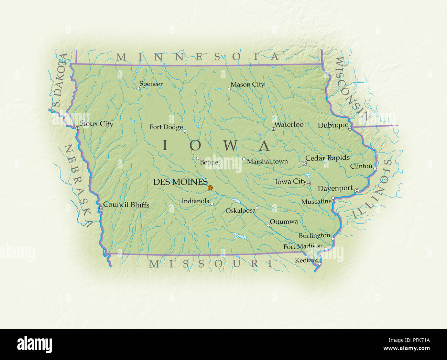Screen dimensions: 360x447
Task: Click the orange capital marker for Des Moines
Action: [x=210, y=188]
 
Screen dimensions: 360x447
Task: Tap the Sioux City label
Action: [x=96, y=124]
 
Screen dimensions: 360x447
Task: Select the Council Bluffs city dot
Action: [x=101, y=208]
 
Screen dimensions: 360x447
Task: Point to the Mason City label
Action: [x=247, y=85]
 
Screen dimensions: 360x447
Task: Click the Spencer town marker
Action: [x=138, y=88]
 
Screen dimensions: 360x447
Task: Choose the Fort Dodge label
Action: [x=166, y=127]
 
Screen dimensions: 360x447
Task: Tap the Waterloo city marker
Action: [x=273, y=129]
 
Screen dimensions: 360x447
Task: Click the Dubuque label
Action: [x=333, y=125]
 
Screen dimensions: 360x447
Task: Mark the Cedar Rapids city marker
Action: [x=304, y=164]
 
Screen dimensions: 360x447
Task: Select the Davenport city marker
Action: [x=357, y=190]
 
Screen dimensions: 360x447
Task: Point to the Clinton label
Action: [x=361, y=166]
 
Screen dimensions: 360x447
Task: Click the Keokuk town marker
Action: [x=319, y=264]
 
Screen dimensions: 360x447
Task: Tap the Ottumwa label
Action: [x=284, y=222]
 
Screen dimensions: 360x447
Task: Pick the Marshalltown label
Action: [x=267, y=161]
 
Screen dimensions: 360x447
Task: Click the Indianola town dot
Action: [x=212, y=204]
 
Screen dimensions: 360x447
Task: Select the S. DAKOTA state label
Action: [x=58, y=80]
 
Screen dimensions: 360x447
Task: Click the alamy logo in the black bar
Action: [x=35, y=345]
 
